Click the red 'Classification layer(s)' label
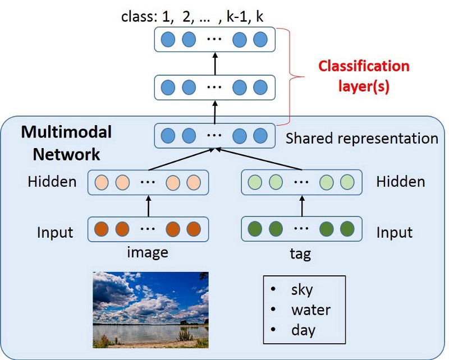pos(364,76)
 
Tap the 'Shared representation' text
pos(361,138)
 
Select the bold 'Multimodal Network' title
pos(66,143)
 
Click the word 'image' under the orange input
pos(148,253)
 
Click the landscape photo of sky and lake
pos(150,310)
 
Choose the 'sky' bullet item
pos(301,290)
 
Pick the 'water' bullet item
pos(310,310)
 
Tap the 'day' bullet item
pos(303,330)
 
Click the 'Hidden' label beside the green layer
pos(400,181)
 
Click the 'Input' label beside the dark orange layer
pos(55,232)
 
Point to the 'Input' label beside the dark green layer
pos(394,232)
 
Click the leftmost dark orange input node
pos(102,229)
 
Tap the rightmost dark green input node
pos(347,229)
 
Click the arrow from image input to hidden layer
pos(149,206)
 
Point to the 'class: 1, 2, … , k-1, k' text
pos(193,16)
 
